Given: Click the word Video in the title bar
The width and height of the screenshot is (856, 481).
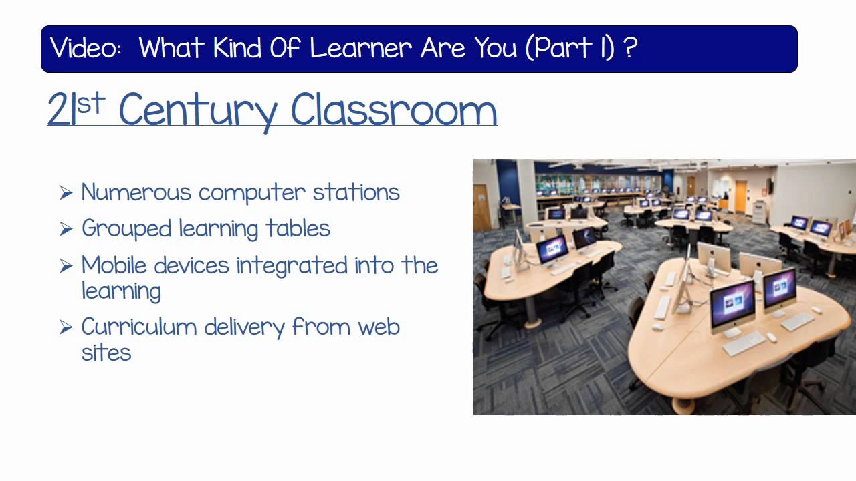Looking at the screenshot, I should click(85, 48).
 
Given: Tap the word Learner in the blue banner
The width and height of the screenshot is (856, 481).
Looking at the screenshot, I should click(361, 48).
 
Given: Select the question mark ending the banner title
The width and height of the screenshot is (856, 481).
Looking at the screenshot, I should click(629, 48).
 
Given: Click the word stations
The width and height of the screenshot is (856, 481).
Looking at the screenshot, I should click(356, 192).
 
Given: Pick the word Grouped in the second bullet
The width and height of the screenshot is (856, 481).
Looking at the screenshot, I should click(126, 228).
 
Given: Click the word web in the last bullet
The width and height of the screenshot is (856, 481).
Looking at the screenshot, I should click(379, 327).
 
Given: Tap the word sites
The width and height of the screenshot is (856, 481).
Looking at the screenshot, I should click(106, 353).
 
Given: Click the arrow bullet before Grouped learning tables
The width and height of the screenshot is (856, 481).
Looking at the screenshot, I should click(66, 229).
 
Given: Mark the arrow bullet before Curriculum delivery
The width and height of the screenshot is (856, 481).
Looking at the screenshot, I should click(66, 327).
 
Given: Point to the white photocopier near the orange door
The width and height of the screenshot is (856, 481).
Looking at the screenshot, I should click(759, 212).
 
